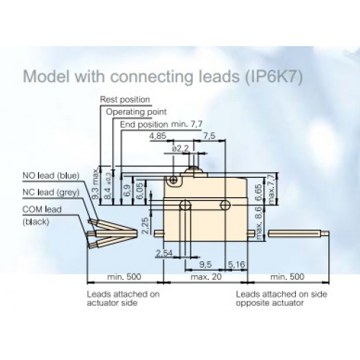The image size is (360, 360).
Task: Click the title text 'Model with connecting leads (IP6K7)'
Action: pyautogui.click(x=163, y=76)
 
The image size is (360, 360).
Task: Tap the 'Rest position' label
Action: pyautogui.click(x=125, y=99)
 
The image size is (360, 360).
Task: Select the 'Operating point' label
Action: pyautogui.click(x=136, y=112)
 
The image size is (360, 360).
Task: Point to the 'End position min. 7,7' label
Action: pyautogui.click(x=161, y=125)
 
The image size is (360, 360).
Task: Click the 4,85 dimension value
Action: pyautogui.click(x=158, y=136)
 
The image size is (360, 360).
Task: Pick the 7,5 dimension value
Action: pyautogui.click(x=210, y=136)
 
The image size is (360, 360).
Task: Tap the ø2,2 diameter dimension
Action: pyautogui.click(x=181, y=149)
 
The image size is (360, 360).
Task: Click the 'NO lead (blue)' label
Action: pyautogui.click(x=51, y=176)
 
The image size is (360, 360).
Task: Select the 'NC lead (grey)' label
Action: pyautogui.click(x=51, y=192)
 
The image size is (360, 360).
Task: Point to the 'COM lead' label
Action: pyautogui.click(x=42, y=210)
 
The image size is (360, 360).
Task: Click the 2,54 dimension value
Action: pyautogui.click(x=164, y=253)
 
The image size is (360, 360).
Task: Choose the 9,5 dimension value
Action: pyautogui.click(x=205, y=264)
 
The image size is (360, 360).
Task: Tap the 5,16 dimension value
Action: pyautogui.click(x=236, y=264)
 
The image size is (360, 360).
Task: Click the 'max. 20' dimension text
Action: pyautogui.click(x=206, y=276)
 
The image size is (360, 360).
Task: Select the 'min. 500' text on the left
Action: pyautogui.click(x=124, y=276)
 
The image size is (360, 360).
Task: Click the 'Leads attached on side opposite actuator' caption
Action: pyautogui.click(x=282, y=298)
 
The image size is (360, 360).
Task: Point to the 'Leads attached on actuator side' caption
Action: pyautogui.click(x=123, y=298)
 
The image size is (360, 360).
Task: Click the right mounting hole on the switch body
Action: pyautogui.click(x=225, y=205)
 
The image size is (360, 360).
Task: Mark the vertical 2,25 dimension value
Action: pyautogui.click(x=145, y=225)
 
